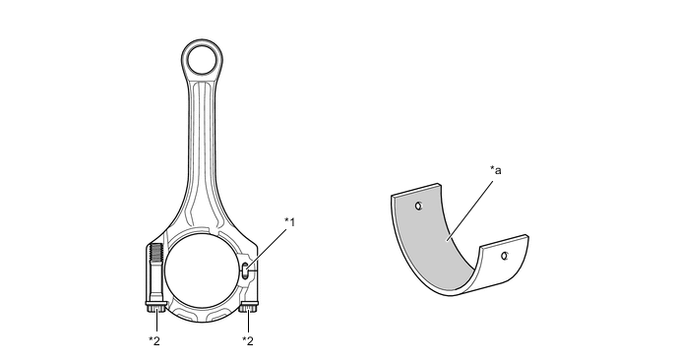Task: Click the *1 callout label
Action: [x=289, y=222]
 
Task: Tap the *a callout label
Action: [x=496, y=170]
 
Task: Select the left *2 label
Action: [x=154, y=341]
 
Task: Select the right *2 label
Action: [x=248, y=341]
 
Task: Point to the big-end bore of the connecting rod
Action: [x=202, y=271]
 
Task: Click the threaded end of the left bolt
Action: [x=155, y=254]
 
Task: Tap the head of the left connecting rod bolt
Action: [x=155, y=307]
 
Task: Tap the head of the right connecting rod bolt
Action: [x=249, y=307]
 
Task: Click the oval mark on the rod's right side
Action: [x=245, y=271]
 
